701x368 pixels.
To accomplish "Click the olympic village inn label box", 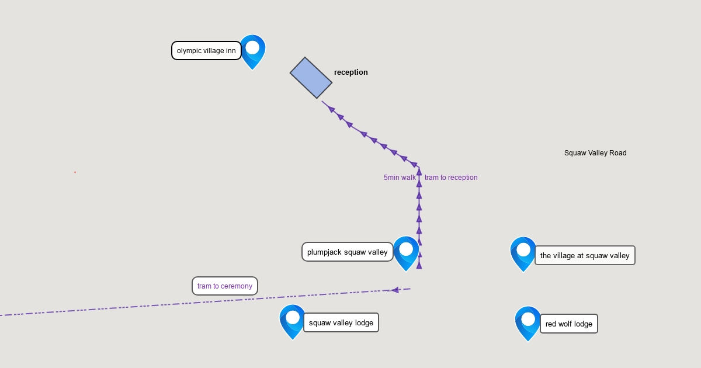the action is tap(206, 50).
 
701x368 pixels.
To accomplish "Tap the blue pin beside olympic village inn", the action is tap(252, 52).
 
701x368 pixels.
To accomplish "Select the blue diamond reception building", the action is tap(311, 78).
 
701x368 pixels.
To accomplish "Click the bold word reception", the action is tap(351, 72).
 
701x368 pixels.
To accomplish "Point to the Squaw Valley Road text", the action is tap(595, 153).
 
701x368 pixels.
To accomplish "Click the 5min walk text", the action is tap(400, 178).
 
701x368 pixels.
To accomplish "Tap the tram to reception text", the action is tap(451, 178).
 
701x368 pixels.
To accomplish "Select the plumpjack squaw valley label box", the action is tap(348, 252).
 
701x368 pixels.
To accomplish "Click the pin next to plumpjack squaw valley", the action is tap(406, 254).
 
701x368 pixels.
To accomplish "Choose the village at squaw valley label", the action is tap(585, 255).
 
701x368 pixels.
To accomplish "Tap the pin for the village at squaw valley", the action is tap(523, 254).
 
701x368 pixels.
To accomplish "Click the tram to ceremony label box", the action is tap(225, 286).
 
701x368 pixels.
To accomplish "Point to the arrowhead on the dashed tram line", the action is tap(395, 290).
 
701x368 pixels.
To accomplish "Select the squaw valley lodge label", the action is tap(341, 322).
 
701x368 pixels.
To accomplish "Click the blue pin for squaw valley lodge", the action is tap(293, 322).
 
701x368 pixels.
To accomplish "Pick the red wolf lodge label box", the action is tap(569, 324).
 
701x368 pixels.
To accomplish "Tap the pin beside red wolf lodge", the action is tap(528, 324).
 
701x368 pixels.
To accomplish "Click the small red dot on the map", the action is tap(75, 172).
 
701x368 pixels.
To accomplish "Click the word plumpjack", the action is tap(324, 252).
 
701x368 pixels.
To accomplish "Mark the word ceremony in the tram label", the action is tap(237, 286).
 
